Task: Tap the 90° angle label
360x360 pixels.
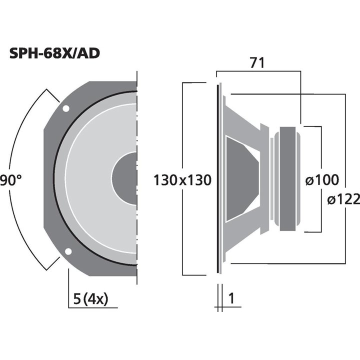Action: pyautogui.click(x=10, y=180)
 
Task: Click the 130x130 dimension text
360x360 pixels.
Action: pyautogui.click(x=182, y=180)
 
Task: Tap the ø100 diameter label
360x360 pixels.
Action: pyautogui.click(x=321, y=180)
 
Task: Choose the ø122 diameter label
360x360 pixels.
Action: pyautogui.click(x=344, y=200)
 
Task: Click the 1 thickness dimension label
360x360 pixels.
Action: pyautogui.click(x=231, y=299)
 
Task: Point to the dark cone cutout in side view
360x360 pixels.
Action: pyautogui.click(x=241, y=178)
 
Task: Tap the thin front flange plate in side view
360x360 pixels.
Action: pyautogui.click(x=218, y=178)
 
